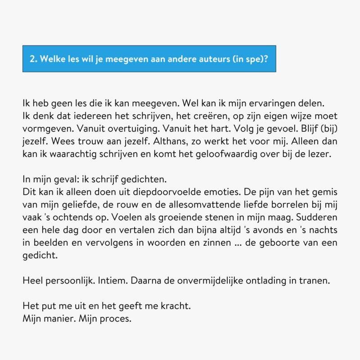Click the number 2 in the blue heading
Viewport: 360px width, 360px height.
(x=31, y=58)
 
